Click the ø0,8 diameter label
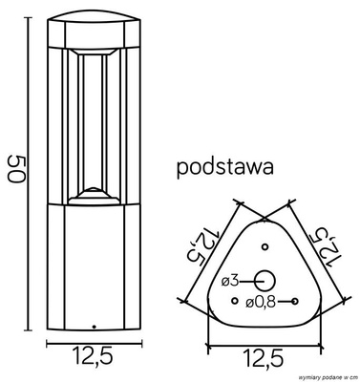click(x=261, y=302)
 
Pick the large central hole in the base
click(x=265, y=280)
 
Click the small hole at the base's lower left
click(x=234, y=302)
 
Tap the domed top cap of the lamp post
click(x=93, y=29)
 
